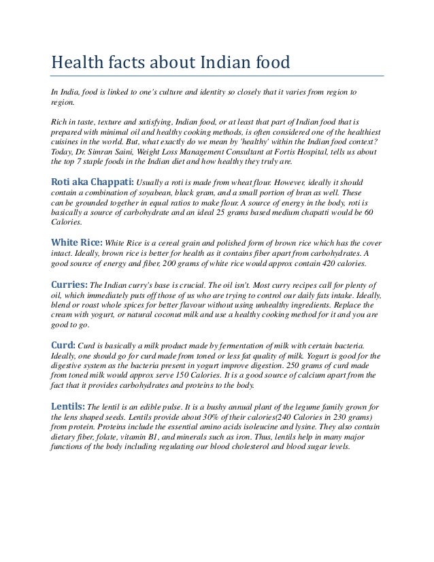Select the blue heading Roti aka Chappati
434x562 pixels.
pyautogui.click(x=93, y=182)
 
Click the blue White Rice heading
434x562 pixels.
pyautogui.click(x=77, y=242)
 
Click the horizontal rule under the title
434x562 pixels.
pyautogui.click(x=217, y=76)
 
